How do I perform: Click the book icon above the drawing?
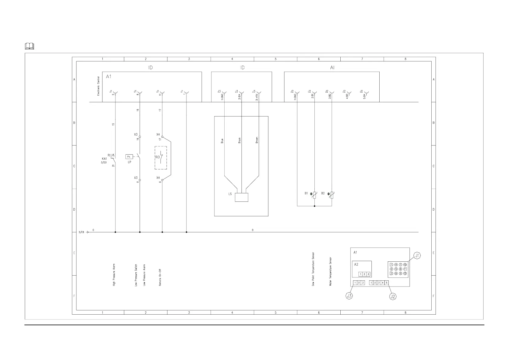(29, 46)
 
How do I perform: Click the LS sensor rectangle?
(241, 197)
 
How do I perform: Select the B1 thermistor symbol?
(314, 195)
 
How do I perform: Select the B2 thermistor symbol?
(332, 195)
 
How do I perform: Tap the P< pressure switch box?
(129, 157)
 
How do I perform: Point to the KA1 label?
(104, 159)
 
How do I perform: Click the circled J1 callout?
(417, 256)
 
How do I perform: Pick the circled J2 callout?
(393, 297)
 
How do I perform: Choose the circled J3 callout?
(349, 296)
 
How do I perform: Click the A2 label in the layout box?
(356, 264)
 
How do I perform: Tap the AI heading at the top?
(332, 68)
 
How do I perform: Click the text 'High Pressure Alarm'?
(114, 275)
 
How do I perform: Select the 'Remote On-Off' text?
(160, 277)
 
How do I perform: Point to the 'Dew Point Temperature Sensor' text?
(313, 269)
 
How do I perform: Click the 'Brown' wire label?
(257, 140)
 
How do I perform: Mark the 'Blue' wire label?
(222, 141)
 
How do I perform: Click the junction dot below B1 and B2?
(314, 206)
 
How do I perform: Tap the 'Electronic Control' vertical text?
(98, 86)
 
